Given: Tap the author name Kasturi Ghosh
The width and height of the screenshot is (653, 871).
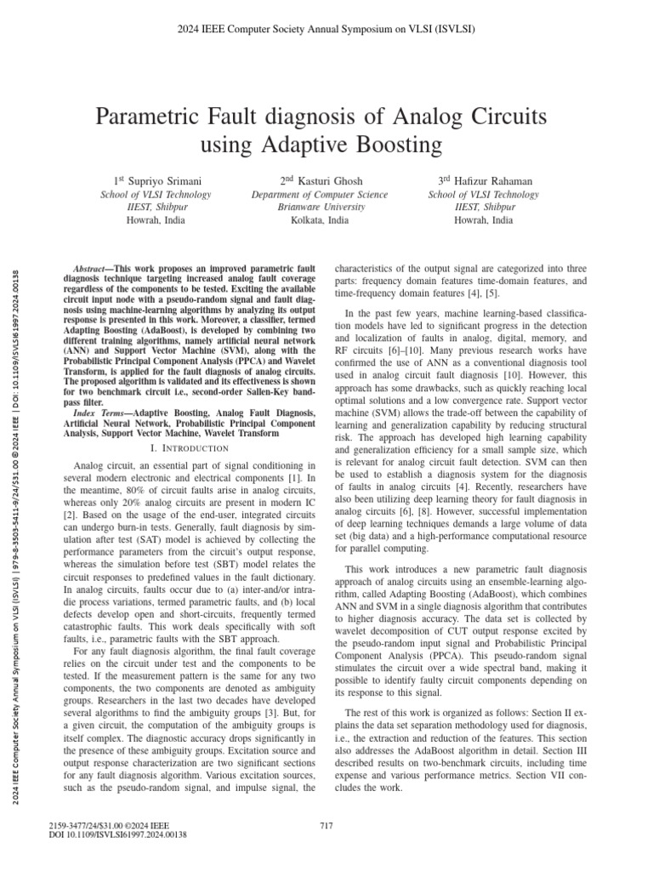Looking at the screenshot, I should [x=330, y=181].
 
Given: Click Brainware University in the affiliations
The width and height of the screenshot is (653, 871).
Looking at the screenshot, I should [x=326, y=207].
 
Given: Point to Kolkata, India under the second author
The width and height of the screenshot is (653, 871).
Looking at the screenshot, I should [x=326, y=219].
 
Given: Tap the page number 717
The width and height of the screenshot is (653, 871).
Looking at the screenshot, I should [x=326, y=825].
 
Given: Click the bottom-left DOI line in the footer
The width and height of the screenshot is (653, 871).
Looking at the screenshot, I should [x=119, y=835].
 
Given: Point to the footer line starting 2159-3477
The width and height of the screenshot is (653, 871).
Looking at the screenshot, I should [x=111, y=825].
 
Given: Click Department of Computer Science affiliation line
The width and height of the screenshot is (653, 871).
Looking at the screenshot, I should [x=326, y=195].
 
